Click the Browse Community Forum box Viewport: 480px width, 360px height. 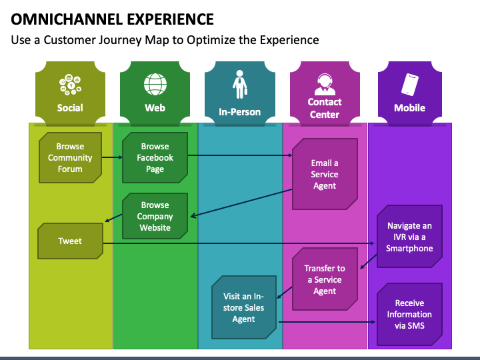[71, 157]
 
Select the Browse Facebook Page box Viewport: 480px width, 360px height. [155, 157]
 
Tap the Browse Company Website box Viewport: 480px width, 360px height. [155, 216]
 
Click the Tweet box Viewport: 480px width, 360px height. [71, 241]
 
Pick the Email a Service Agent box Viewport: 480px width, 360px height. [325, 174]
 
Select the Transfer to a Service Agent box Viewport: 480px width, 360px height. [325, 279]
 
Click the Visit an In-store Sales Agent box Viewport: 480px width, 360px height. [244, 307]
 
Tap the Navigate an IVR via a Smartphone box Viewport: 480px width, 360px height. [409, 237]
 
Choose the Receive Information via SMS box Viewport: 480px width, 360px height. [409, 315]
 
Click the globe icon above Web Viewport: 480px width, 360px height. [155, 84]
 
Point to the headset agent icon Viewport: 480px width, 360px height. [325, 84]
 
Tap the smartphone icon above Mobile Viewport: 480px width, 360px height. [410, 84]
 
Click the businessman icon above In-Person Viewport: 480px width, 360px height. [240, 85]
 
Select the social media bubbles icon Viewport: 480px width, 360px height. [71, 84]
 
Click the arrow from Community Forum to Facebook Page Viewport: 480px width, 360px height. [112, 157]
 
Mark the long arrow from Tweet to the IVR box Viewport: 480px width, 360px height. [239, 243]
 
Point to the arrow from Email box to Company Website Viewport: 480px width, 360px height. [241, 203]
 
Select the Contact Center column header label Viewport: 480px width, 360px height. [325, 108]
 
